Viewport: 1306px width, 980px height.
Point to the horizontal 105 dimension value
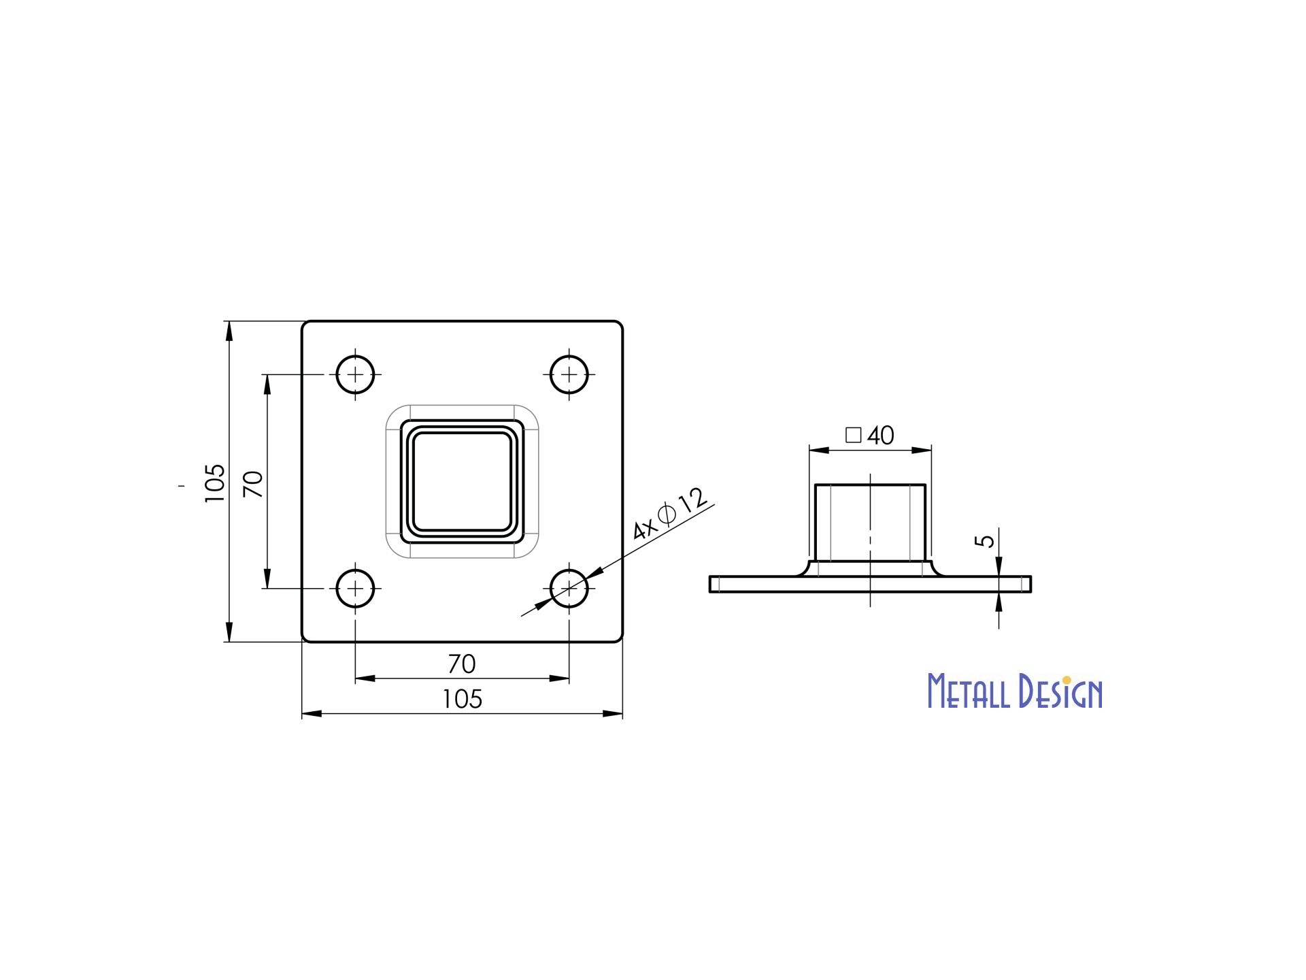click(x=462, y=699)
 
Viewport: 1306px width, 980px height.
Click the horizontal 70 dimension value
click(x=462, y=664)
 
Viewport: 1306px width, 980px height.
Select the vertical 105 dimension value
click(x=214, y=483)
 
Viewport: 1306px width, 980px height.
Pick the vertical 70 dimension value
click(x=253, y=484)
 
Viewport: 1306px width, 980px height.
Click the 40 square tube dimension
click(x=881, y=436)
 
